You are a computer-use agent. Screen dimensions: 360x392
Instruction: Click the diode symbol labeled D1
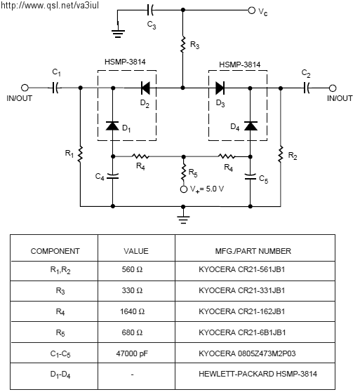(112, 126)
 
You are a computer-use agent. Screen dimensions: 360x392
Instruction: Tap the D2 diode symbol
(145, 88)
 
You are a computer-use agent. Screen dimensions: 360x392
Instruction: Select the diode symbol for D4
(251, 126)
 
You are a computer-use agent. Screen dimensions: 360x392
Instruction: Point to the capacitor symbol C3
(150, 10)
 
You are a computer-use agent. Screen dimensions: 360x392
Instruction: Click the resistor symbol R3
(183, 44)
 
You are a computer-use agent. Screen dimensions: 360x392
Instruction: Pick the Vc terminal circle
(251, 11)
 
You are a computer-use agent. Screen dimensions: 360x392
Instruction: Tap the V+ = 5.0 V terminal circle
(184, 189)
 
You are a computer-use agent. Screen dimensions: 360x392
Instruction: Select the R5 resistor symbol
(184, 172)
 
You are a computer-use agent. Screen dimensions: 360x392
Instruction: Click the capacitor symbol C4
(112, 176)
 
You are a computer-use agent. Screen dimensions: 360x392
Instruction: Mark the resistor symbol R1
(80, 154)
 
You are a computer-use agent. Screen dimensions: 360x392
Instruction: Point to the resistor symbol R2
(281, 154)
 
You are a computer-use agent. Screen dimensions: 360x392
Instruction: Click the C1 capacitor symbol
(55, 88)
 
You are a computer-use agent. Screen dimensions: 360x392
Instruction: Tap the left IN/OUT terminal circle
(25, 88)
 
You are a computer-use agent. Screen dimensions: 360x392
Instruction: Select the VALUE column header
(136, 251)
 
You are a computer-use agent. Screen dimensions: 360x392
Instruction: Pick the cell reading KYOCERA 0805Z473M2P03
(255, 353)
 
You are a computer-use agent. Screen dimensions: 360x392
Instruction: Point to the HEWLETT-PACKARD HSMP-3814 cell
(255, 374)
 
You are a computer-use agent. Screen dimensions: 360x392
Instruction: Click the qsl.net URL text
(50, 5)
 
